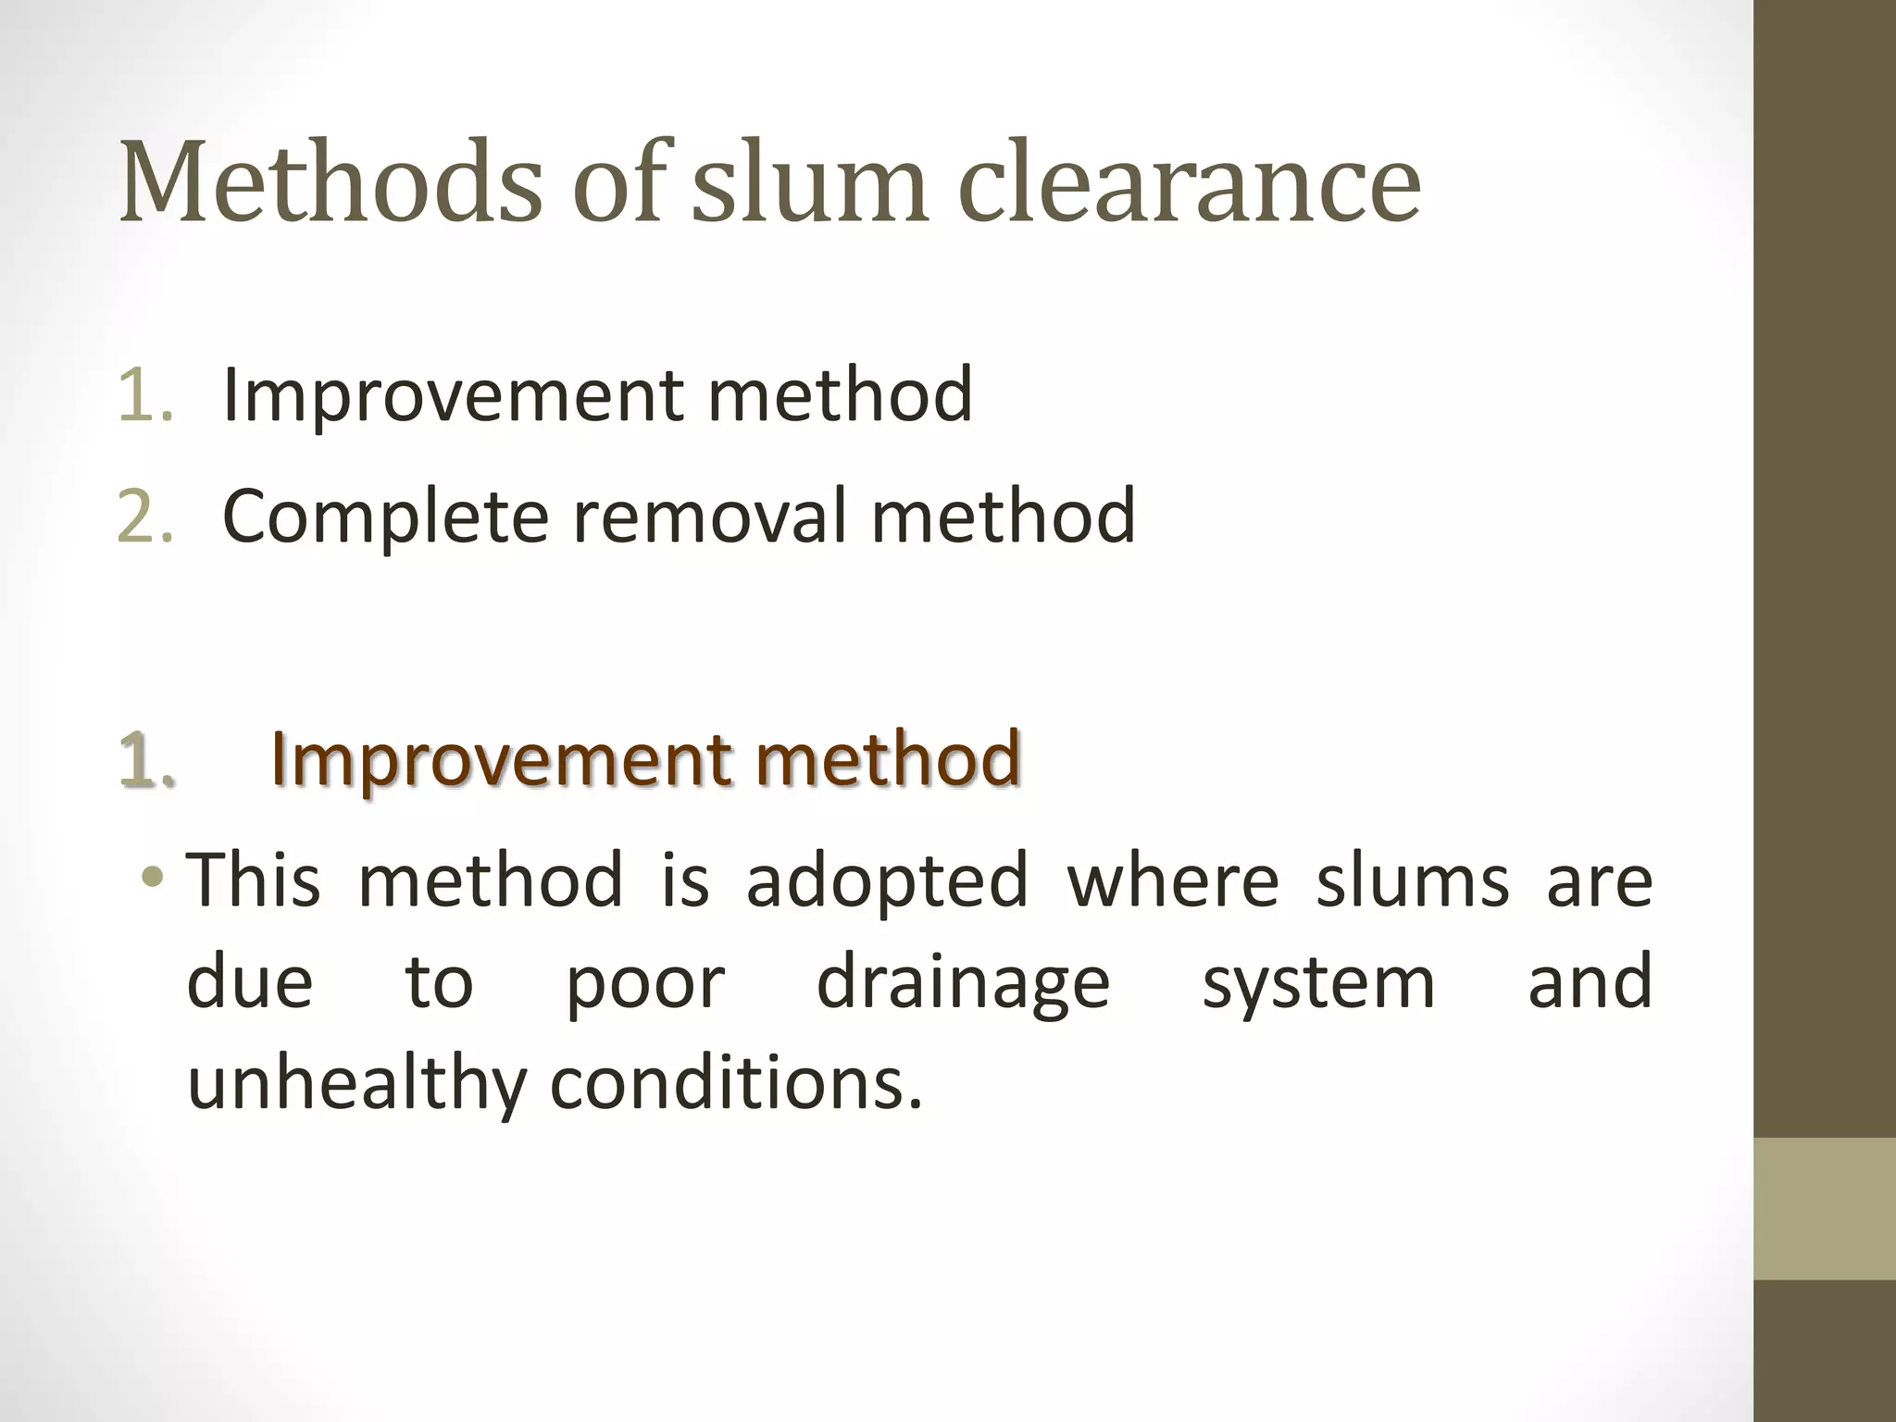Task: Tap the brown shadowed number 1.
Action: coord(146,759)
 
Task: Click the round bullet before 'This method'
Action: coord(153,877)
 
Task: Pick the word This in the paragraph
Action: coord(254,879)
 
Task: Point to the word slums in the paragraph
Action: coord(1413,879)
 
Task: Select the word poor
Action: coord(645,983)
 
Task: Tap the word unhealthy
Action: coord(356,1085)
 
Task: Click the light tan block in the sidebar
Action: coord(1825,1209)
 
